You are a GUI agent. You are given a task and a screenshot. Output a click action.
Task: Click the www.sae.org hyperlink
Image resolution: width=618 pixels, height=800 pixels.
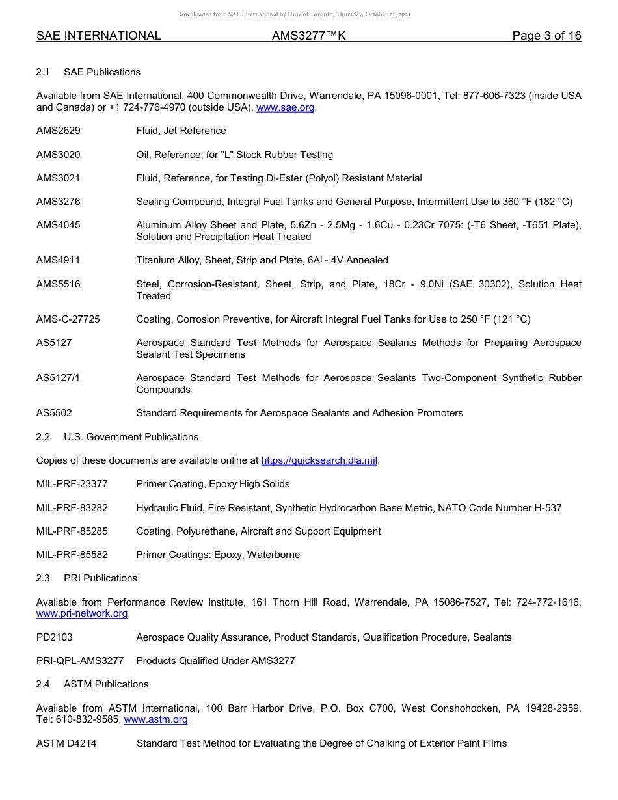(286, 107)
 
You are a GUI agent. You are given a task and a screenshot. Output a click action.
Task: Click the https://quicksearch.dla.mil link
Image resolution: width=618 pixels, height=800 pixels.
(319, 460)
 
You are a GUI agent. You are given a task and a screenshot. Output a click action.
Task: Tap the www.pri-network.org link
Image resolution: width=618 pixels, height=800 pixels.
(82, 613)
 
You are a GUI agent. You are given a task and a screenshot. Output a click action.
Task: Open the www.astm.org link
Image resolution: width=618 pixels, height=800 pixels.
(155, 719)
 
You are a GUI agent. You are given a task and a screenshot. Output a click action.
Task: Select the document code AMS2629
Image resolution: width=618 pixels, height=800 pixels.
(59, 131)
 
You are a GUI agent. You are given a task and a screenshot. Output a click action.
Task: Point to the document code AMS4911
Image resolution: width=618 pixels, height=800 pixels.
(59, 260)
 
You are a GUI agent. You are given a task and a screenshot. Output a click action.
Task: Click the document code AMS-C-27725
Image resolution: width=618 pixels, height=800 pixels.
(68, 319)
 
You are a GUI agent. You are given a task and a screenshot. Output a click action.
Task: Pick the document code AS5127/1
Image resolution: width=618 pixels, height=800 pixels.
(59, 378)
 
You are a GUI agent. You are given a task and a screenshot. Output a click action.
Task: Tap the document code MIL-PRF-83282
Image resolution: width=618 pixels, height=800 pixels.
(72, 507)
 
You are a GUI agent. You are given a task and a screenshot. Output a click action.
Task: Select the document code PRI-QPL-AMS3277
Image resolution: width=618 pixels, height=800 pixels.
(80, 660)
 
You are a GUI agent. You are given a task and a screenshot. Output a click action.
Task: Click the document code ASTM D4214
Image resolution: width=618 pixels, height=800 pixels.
(66, 743)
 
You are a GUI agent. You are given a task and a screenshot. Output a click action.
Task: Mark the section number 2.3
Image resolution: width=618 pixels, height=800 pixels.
(43, 578)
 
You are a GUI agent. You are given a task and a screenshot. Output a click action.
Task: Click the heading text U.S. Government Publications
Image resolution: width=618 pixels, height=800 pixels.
(131, 436)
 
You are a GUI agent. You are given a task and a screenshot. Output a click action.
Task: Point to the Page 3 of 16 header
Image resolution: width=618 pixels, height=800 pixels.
(546, 36)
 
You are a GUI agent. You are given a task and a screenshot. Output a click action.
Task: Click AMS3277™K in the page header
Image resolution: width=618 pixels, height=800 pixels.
(308, 36)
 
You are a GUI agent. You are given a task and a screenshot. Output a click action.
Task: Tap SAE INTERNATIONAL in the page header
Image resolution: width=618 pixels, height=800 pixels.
(99, 36)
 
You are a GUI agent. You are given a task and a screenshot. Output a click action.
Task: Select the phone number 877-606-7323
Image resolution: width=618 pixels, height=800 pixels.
(494, 96)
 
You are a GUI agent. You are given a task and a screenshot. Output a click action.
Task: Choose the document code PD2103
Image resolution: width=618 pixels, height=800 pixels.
(55, 637)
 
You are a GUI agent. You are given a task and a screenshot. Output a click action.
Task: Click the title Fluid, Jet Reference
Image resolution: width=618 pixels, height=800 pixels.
(181, 131)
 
